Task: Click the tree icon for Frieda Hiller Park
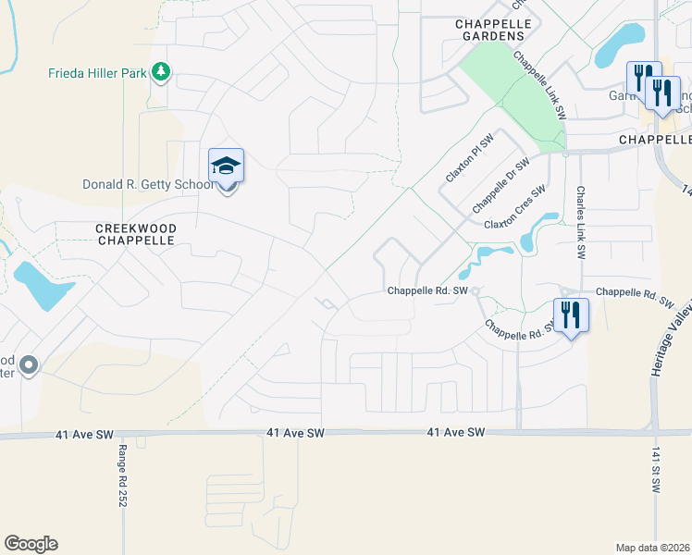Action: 161,71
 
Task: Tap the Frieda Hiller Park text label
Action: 98,72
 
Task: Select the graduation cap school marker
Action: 226,166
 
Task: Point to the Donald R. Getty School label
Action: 148,184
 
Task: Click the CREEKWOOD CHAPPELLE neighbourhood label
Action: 135,233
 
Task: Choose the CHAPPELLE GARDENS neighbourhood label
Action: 489,30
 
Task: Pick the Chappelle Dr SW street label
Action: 500,182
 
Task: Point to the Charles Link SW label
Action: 581,222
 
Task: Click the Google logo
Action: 31,544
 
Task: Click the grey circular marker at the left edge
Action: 29,366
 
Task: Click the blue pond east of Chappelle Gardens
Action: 621,44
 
